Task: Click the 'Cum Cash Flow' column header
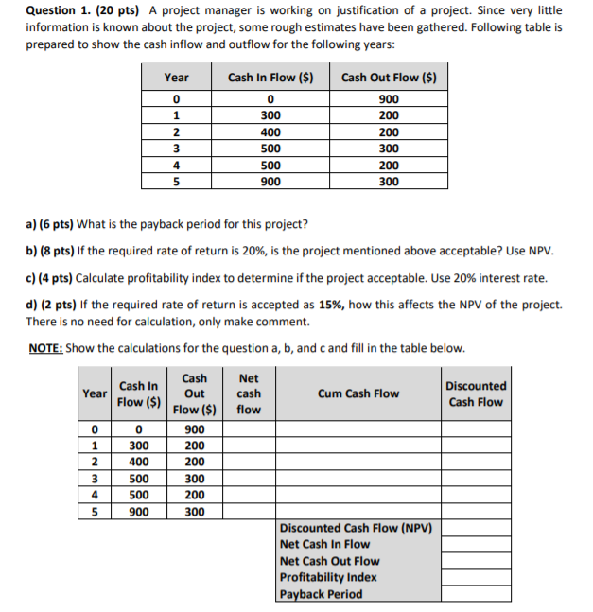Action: click(x=358, y=393)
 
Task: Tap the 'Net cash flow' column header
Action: click(x=249, y=393)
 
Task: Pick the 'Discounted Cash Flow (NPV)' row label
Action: click(x=356, y=527)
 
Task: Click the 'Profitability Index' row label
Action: click(x=328, y=577)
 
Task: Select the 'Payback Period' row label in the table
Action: click(x=321, y=594)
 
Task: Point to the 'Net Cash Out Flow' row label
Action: click(x=329, y=561)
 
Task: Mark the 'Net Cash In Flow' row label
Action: click(x=324, y=544)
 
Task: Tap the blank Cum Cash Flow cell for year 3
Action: click(x=358, y=479)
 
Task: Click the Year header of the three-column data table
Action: click(x=176, y=78)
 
